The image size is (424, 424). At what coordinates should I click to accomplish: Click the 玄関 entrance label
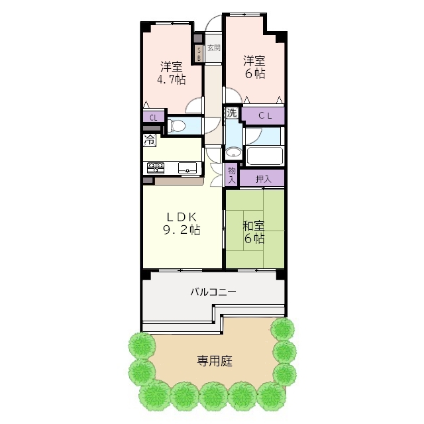(213, 48)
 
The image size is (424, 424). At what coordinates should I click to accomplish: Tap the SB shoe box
(197, 52)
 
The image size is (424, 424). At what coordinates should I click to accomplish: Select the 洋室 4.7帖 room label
(171, 74)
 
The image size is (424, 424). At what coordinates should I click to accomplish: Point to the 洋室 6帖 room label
(254, 67)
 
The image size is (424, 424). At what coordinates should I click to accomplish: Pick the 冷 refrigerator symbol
(150, 140)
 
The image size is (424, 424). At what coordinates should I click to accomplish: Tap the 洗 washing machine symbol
(232, 113)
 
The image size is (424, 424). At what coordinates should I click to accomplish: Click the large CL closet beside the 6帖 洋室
(264, 116)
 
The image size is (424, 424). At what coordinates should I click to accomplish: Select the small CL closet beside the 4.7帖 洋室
(153, 118)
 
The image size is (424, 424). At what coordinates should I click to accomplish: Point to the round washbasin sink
(232, 153)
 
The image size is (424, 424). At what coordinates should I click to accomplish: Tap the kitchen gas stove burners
(155, 167)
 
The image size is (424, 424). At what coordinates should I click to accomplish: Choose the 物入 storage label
(232, 175)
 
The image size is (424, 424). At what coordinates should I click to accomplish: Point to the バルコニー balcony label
(213, 291)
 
